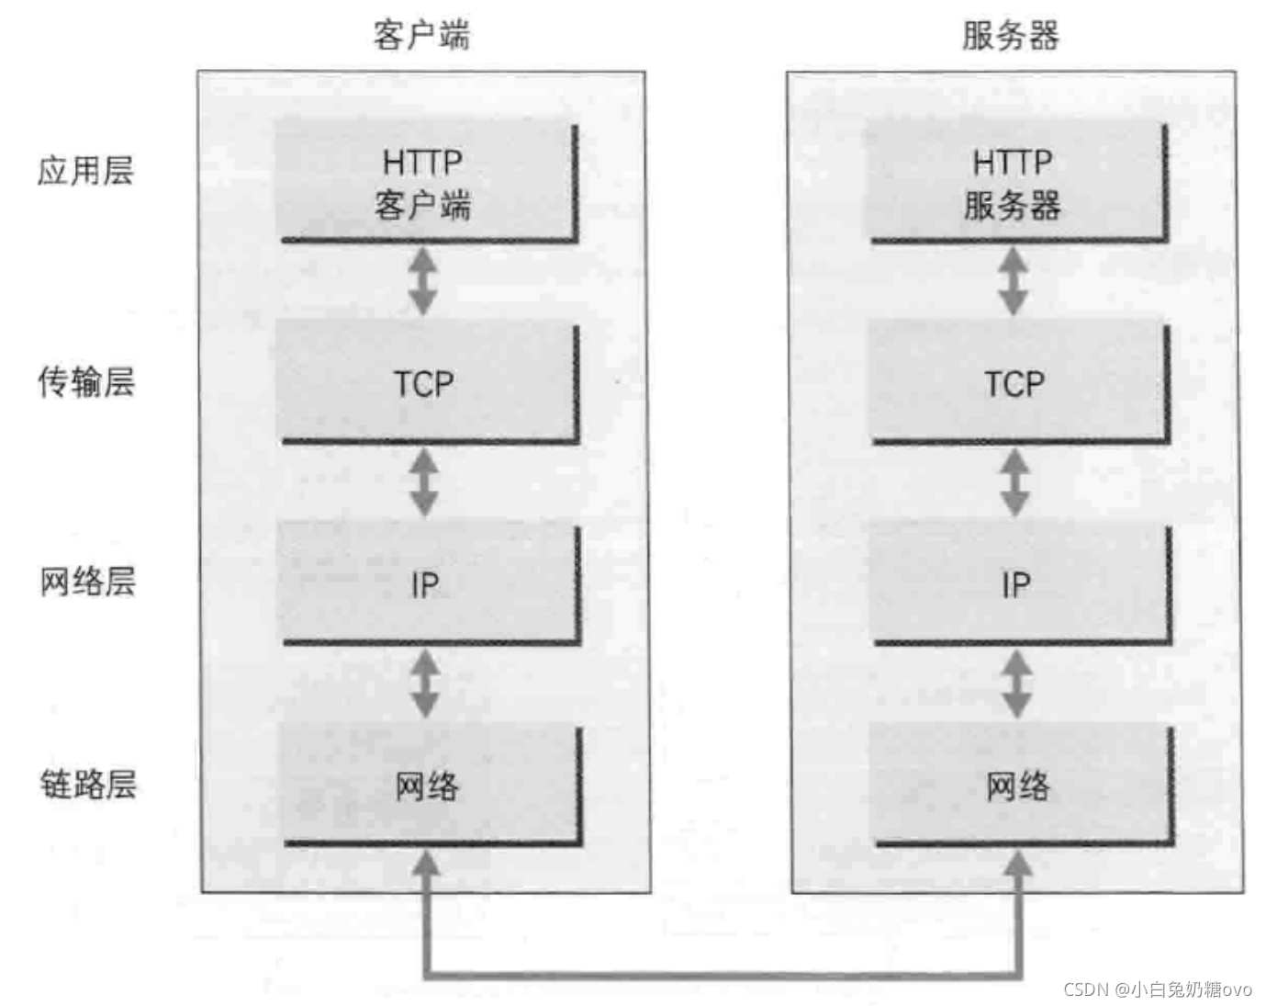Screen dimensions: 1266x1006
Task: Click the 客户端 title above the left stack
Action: point(421,35)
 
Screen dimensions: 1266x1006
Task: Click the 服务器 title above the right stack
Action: point(1010,35)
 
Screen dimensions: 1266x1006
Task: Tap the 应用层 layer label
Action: point(85,171)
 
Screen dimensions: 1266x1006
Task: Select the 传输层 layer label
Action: point(85,381)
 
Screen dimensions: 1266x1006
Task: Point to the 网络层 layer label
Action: point(87,582)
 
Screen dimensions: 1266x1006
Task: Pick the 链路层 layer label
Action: point(87,784)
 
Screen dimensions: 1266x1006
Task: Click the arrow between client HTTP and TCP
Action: point(422,281)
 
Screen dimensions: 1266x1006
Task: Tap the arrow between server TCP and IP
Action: point(1014,482)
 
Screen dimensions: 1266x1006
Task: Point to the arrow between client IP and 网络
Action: point(424,684)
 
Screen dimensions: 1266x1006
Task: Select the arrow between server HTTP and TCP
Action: point(1013,281)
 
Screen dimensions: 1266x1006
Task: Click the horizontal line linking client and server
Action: point(722,974)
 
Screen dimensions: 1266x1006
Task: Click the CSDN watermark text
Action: point(1157,989)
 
